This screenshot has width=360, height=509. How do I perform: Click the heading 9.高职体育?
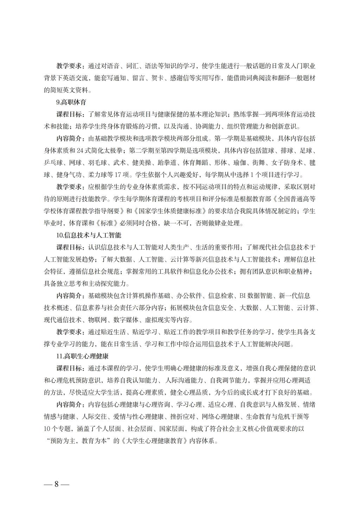click(x=71, y=103)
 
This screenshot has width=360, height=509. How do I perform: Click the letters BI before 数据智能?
click(x=243, y=296)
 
